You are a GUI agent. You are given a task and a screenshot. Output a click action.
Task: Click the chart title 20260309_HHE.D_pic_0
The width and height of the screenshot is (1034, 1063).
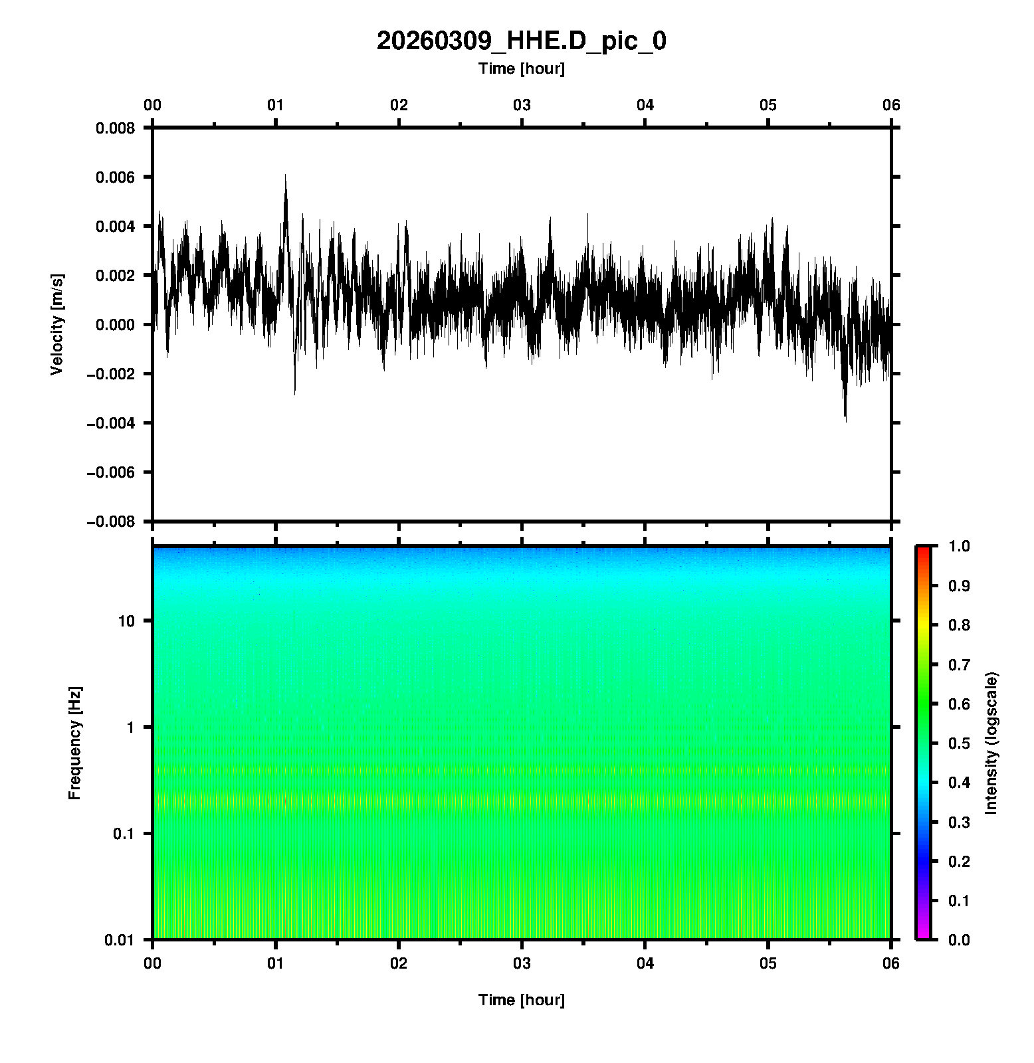pos(521,41)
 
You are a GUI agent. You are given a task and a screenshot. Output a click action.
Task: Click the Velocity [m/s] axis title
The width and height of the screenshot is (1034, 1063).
pos(57,324)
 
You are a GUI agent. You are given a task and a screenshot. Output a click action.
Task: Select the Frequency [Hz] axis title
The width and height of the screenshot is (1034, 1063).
pos(74,743)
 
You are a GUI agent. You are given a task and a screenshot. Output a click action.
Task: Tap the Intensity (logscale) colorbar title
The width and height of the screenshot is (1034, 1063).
pos(991,743)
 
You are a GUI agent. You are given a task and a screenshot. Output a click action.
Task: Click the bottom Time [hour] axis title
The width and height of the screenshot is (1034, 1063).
pos(521,1000)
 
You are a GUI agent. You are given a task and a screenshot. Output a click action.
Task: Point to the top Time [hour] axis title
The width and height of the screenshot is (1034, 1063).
pos(521,68)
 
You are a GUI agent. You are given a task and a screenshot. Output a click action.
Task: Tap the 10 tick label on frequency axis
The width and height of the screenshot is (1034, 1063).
pos(126,621)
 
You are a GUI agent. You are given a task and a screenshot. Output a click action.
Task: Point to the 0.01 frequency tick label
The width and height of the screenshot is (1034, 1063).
pos(120,939)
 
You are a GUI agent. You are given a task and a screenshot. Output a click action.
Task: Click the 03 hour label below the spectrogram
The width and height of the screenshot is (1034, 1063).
pos(522,963)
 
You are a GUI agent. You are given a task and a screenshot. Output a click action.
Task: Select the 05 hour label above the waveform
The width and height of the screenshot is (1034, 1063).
pos(768,105)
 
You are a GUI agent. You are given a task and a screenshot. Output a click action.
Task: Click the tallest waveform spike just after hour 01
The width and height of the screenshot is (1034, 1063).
pos(286,176)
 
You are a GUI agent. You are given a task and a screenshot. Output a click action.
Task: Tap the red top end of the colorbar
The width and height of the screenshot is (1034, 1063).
pos(922,549)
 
